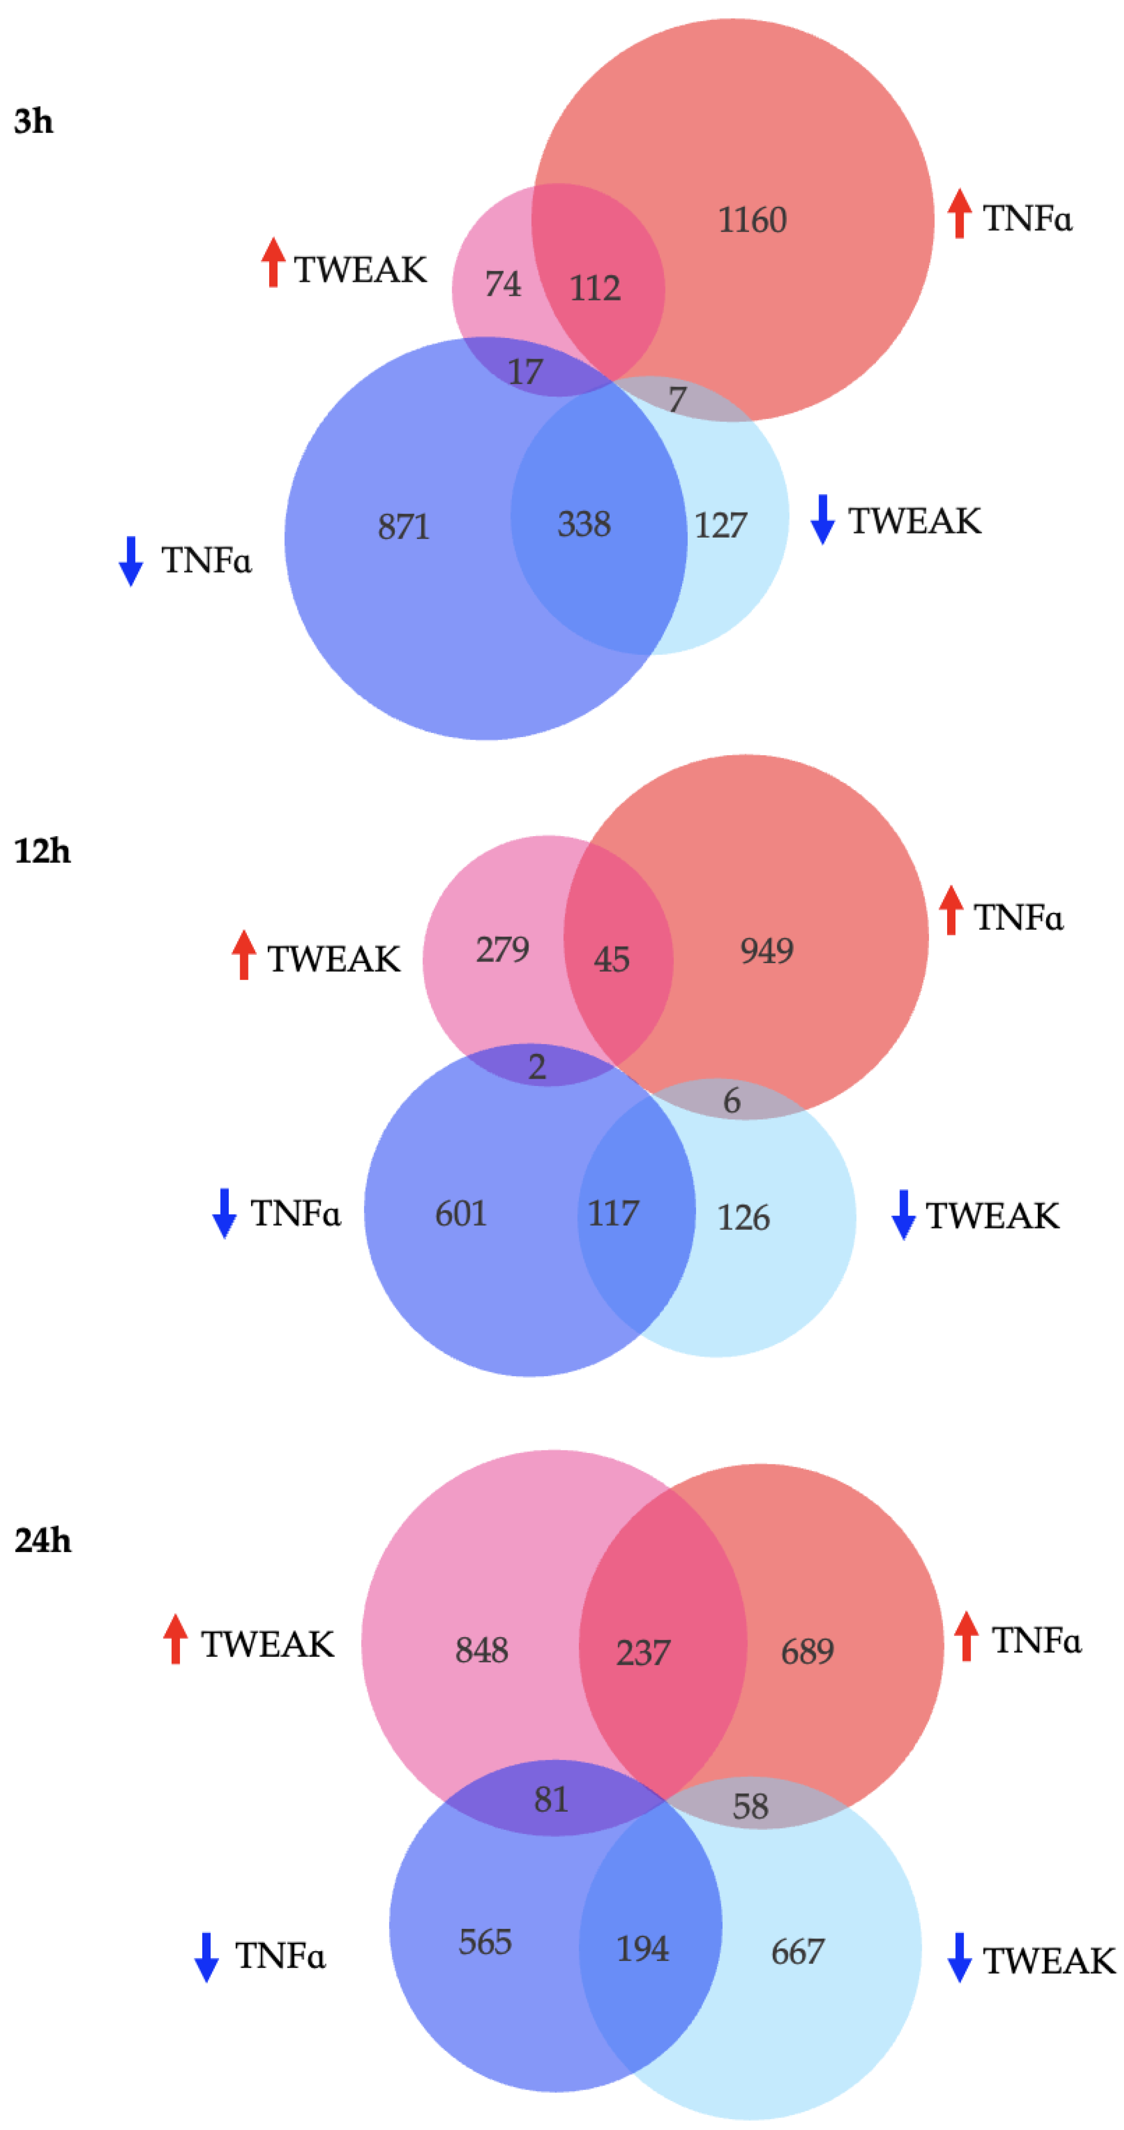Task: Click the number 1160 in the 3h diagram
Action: point(751,220)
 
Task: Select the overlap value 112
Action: point(594,288)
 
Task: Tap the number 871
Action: point(404,527)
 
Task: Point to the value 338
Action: point(584,524)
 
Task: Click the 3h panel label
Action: point(34,121)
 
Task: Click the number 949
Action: point(767,951)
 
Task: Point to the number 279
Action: point(502,949)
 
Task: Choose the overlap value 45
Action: point(611,959)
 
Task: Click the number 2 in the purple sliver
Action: point(537,1067)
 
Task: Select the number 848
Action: point(481,1649)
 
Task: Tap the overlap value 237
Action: point(643,1652)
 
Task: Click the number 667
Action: point(797,1951)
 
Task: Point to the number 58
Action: point(750,1806)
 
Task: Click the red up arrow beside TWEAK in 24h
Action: point(174,1638)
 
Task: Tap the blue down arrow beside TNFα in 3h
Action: point(131,560)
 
